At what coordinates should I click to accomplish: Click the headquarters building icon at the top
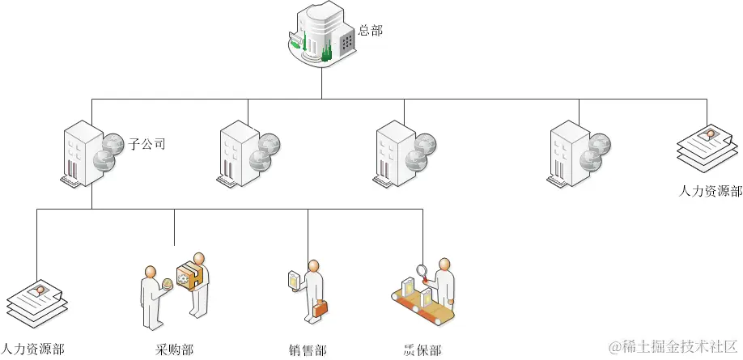(x=321, y=36)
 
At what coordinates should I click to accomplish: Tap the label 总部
(x=371, y=31)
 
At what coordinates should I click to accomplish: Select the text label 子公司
(x=147, y=145)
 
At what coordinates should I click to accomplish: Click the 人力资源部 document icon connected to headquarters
(x=707, y=150)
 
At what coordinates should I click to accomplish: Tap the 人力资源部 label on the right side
(x=710, y=192)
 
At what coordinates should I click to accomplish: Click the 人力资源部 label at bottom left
(x=32, y=349)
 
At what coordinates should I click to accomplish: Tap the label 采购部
(x=175, y=349)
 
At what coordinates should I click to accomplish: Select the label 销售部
(x=308, y=350)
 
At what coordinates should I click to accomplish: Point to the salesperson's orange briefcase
(x=321, y=308)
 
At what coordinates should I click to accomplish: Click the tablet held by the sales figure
(x=293, y=281)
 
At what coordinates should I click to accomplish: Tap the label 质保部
(x=422, y=350)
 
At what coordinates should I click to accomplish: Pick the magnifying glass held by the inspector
(x=422, y=270)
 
